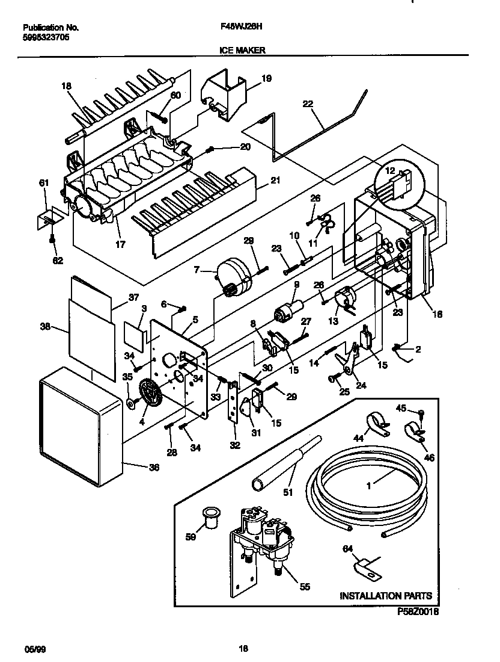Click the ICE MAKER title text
(242, 51)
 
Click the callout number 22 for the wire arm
(308, 104)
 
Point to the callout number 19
(266, 78)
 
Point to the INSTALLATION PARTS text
(386, 596)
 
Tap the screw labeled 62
(53, 240)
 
